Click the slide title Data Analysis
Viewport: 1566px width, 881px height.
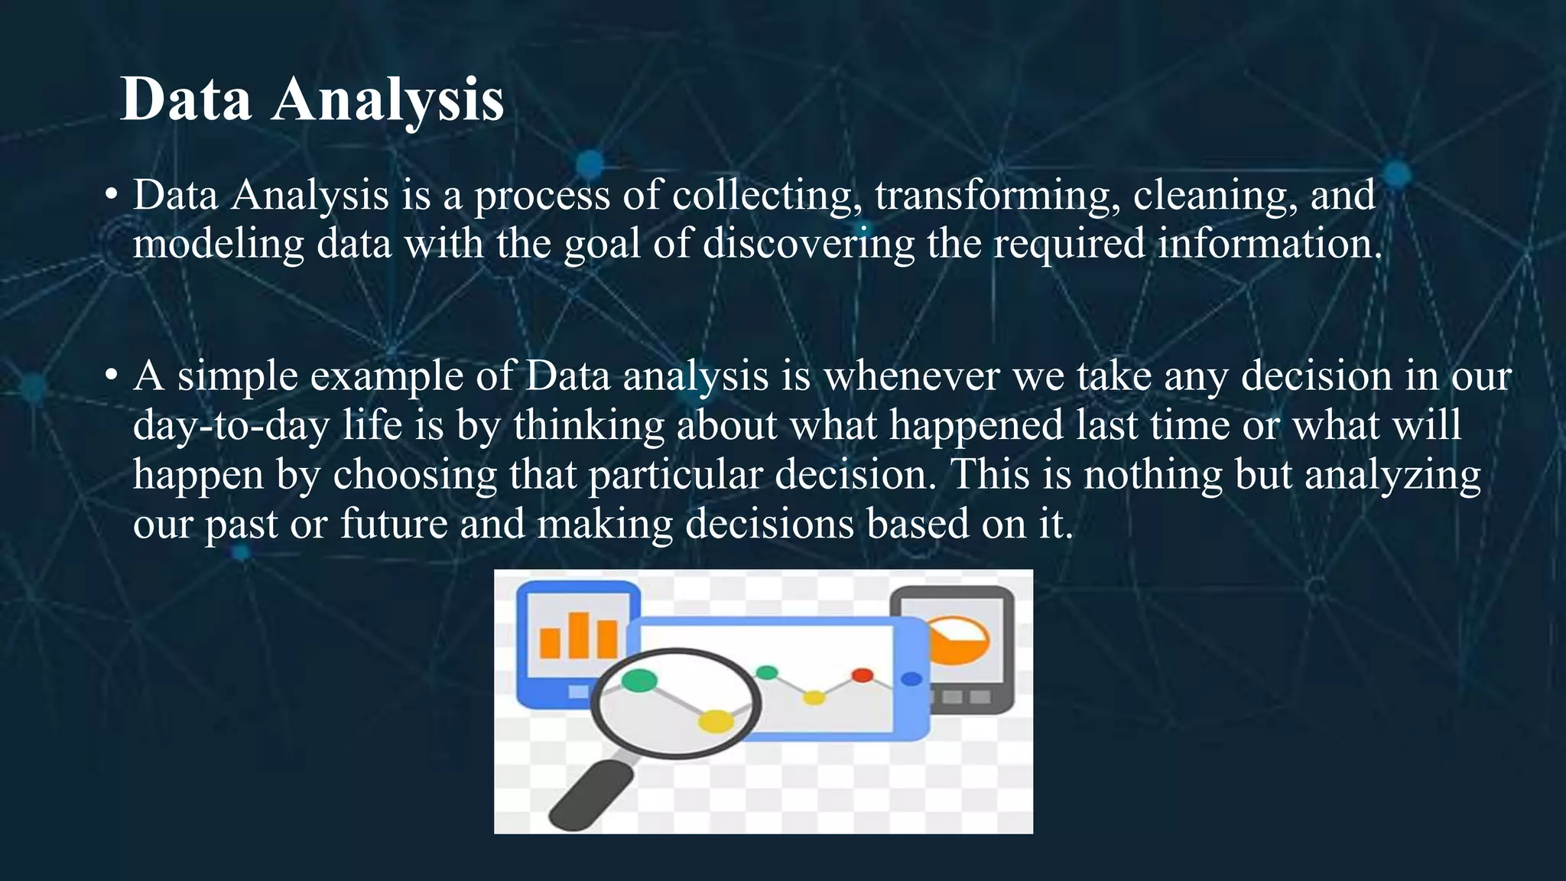tap(312, 99)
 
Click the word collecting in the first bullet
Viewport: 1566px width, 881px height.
tap(762, 196)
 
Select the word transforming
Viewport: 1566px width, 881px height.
tap(993, 196)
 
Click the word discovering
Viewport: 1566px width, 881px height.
tap(808, 245)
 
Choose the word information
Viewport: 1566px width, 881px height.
tap(1269, 245)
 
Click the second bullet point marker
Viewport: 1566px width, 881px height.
tap(112, 376)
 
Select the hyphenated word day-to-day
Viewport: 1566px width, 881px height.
tap(231, 425)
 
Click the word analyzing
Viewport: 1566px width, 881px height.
tap(1392, 475)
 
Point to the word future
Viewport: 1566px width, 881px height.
tap(394, 524)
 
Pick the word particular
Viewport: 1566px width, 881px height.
tap(675, 475)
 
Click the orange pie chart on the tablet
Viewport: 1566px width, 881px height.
tap(960, 641)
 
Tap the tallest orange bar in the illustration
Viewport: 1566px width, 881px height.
tap(579, 635)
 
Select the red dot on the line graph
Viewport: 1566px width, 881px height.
tap(862, 675)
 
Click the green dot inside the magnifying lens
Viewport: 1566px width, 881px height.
tap(639, 679)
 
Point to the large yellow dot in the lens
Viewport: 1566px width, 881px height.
tap(716, 720)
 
